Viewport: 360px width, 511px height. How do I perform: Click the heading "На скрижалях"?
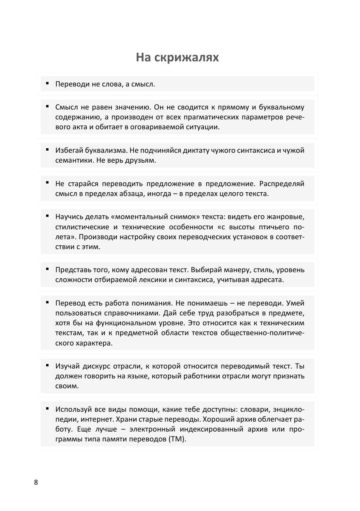click(177, 58)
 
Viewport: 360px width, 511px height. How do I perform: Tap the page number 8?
click(36, 483)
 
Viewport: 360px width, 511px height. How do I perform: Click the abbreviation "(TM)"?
click(177, 439)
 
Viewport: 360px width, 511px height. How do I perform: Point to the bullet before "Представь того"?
click(47, 268)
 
